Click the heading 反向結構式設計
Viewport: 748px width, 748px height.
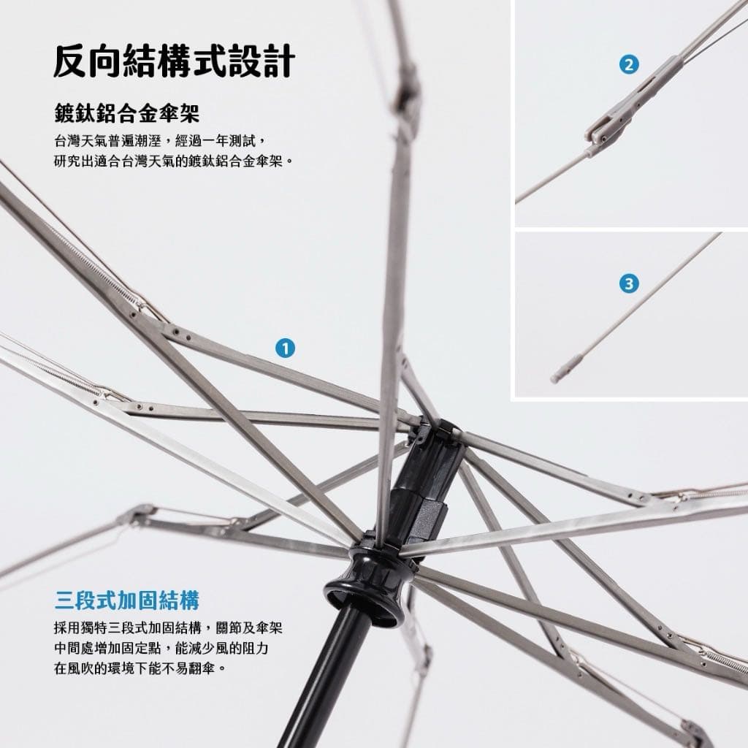[x=174, y=61]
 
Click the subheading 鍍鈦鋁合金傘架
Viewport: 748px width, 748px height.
[x=127, y=113]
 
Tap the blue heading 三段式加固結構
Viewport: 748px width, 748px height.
[x=126, y=600]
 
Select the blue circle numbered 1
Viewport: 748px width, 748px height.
[x=286, y=348]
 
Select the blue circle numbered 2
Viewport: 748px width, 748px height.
[x=629, y=64]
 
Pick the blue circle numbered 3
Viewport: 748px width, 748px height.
[x=629, y=284]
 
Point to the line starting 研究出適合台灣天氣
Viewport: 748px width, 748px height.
[x=174, y=161]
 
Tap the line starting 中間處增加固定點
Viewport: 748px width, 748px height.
[x=161, y=648]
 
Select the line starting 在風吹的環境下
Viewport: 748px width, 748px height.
[x=140, y=668]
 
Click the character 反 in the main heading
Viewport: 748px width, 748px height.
[x=69, y=61]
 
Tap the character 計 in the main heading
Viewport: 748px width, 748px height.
[x=279, y=61]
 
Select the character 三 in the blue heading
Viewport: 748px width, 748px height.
[x=64, y=600]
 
